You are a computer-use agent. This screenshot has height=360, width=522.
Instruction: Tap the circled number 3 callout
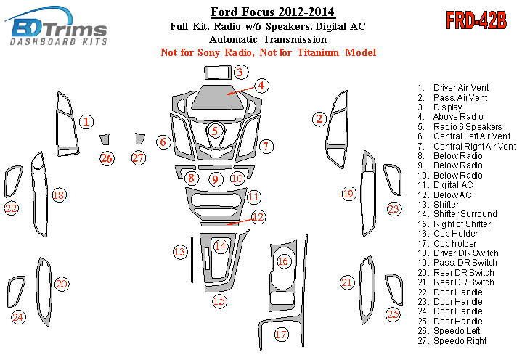(241, 72)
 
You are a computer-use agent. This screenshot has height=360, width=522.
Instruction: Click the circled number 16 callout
(283, 261)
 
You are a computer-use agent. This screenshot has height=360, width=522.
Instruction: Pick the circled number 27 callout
(139, 157)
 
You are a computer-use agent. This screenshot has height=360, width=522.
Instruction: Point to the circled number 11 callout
(253, 197)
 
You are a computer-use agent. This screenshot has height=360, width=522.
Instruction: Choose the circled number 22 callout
(11, 209)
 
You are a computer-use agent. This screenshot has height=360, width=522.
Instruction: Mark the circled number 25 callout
(393, 314)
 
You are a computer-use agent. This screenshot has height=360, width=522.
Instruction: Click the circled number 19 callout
(348, 193)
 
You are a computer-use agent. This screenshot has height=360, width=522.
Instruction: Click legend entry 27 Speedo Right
(460, 341)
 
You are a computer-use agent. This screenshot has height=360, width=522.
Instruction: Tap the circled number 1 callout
(86, 122)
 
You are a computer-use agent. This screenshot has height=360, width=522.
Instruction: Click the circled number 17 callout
(281, 335)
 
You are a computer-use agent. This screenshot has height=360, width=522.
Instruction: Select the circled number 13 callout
(179, 252)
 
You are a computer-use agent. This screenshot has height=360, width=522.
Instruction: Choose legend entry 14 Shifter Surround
(465, 214)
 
